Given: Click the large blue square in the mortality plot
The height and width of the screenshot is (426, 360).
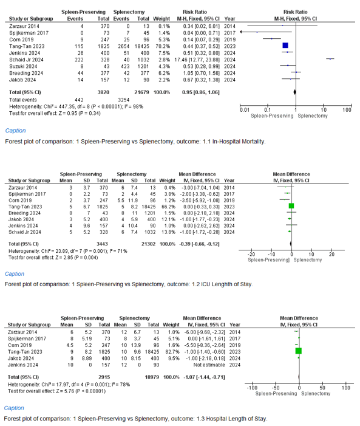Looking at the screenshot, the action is pyautogui.click(x=285, y=46).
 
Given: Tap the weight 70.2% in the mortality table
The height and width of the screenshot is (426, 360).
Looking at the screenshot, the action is pyautogui.click(x=163, y=46).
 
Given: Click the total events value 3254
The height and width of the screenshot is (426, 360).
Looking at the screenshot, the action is pyautogui.click(x=123, y=100).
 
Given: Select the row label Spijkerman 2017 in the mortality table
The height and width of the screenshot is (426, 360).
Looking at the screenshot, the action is pyautogui.click(x=29, y=33).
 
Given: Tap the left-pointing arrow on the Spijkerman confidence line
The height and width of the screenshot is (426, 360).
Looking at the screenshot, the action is pyautogui.click(x=241, y=32).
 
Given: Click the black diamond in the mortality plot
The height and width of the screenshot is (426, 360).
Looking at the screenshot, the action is pyautogui.click(x=295, y=92).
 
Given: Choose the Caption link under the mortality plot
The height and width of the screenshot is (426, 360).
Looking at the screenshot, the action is pyautogui.click(x=15, y=131).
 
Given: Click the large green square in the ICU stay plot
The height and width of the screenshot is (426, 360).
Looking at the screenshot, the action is pyautogui.click(x=291, y=206).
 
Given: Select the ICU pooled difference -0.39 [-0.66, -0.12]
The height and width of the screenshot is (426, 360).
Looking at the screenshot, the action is pyautogui.click(x=199, y=244).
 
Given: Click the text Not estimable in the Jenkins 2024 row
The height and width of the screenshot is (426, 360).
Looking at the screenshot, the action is pyautogui.click(x=209, y=365).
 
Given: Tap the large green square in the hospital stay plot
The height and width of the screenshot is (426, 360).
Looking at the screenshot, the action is pyautogui.click(x=298, y=351).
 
